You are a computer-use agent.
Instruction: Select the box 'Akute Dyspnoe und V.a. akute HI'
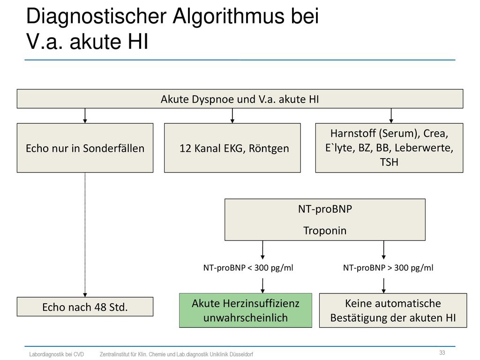240,98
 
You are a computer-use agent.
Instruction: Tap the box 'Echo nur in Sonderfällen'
85,148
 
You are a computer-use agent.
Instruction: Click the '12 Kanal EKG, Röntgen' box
232,148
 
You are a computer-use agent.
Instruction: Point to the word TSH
389,162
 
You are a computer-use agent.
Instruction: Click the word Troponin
325,231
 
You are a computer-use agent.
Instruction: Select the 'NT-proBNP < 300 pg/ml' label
248,268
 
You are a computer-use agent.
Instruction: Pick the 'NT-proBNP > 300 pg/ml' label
388,268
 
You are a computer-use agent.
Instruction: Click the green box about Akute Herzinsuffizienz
246,310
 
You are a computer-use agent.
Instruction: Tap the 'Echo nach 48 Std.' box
85,307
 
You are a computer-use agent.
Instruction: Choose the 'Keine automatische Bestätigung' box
393,310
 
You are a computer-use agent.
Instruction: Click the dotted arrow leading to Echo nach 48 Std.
85,234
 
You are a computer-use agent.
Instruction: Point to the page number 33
442,352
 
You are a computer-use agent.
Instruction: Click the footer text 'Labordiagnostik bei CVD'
56,354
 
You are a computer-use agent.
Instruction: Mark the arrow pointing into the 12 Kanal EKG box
232,116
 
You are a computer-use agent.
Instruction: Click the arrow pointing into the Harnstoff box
391,116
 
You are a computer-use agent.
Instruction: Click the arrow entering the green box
262,285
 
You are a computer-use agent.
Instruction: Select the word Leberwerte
424,148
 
